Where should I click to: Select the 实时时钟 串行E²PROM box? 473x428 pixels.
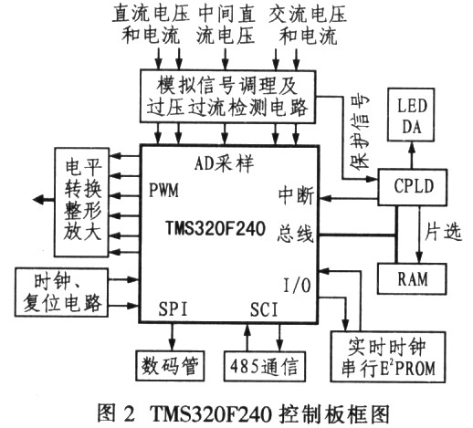(x=389, y=359)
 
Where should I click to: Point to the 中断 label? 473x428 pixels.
(x=293, y=196)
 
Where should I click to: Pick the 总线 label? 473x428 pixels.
(x=297, y=235)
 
